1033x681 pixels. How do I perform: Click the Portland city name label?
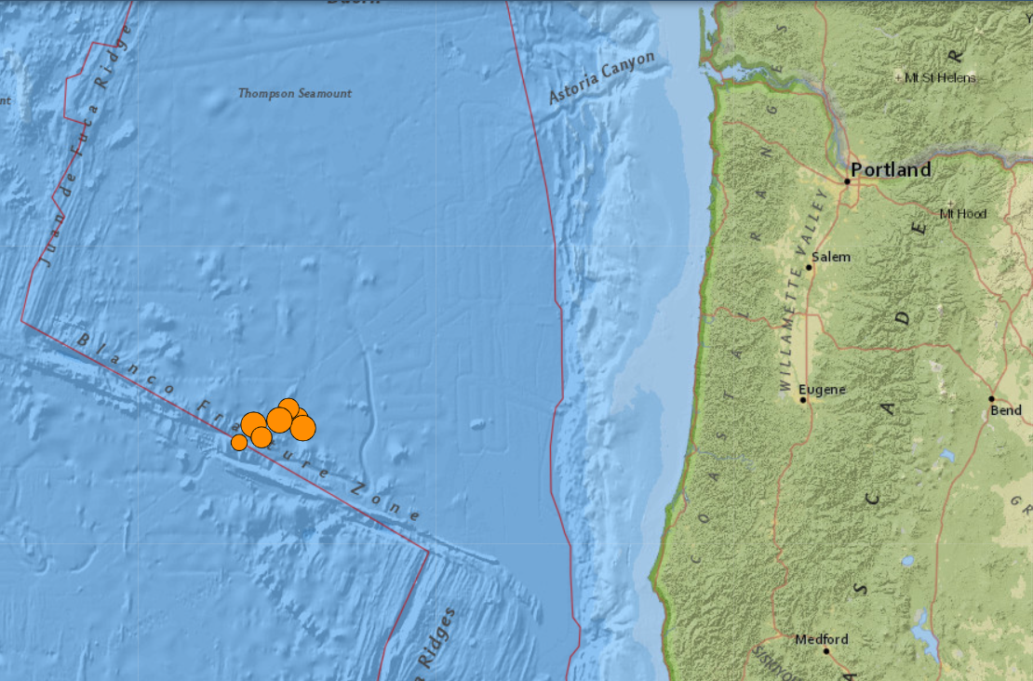(x=891, y=170)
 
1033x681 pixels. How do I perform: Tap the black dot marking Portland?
(x=847, y=181)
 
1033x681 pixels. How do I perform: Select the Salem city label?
(x=831, y=257)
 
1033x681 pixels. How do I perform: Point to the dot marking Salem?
(x=809, y=268)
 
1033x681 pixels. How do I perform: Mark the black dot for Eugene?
(x=803, y=400)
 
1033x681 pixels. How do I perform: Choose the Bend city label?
(x=1005, y=410)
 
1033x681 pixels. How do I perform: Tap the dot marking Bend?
(x=992, y=398)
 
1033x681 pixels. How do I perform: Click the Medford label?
(x=822, y=639)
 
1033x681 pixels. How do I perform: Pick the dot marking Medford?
(x=826, y=651)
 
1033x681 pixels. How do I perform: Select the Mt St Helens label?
(x=940, y=77)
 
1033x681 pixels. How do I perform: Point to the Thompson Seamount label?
(x=295, y=93)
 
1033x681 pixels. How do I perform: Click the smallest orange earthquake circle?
(x=239, y=442)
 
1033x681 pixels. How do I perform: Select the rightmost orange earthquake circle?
(x=303, y=428)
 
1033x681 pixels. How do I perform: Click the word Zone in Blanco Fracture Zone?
(x=387, y=501)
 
